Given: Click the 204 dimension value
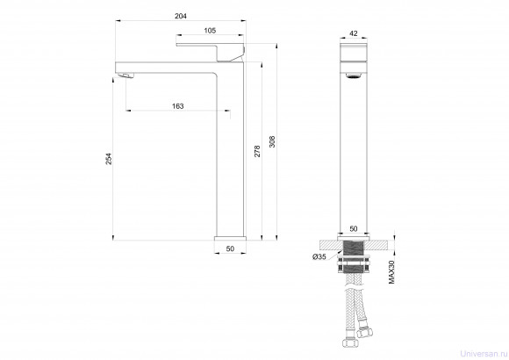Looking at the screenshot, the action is point(181,16).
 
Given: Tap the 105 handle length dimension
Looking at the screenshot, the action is point(210,31).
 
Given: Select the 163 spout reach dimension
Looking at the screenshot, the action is point(177,106).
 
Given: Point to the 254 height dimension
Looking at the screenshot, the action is point(109,159).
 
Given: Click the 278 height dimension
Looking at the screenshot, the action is point(257,151).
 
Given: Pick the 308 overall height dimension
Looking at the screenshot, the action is point(272,141).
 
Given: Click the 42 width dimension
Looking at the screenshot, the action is point(353,33).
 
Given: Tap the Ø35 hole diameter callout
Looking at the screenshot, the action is point(319,256).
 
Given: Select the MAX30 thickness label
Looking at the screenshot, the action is point(391,272).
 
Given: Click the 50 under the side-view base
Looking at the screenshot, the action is point(230,248).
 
